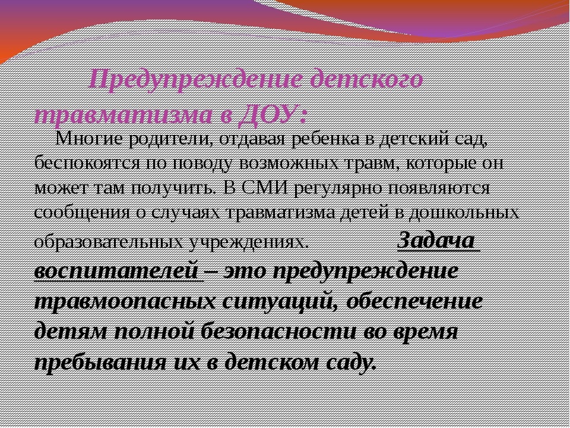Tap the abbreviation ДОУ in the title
coord(268,115)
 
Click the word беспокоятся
coord(87,163)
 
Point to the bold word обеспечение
coord(414,301)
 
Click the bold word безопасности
coord(278,332)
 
